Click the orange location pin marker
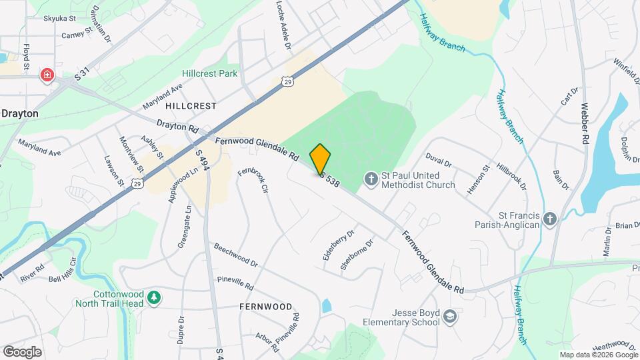(321, 159)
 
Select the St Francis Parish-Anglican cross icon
(549, 219)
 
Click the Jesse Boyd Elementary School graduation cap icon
(451, 316)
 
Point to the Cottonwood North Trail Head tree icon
(154, 297)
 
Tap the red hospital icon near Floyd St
(47, 74)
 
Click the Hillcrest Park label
(209, 73)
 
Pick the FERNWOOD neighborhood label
(265, 307)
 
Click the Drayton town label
(20, 113)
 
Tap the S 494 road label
(203, 160)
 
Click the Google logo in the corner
(22, 351)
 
